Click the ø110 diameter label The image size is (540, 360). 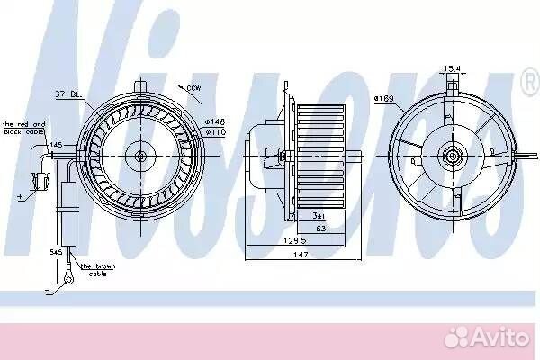pyautogui.click(x=214, y=132)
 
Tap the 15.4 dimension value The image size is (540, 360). pyautogui.click(x=452, y=68)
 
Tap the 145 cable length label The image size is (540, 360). pyautogui.click(x=57, y=145)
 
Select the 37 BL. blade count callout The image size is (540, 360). pyautogui.click(x=68, y=94)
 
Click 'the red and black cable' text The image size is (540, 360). pyautogui.click(x=24, y=127)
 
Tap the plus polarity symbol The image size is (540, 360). pyautogui.click(x=19, y=193)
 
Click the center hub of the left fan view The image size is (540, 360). pyautogui.click(x=140, y=156)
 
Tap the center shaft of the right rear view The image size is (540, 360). pyautogui.click(x=452, y=155)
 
